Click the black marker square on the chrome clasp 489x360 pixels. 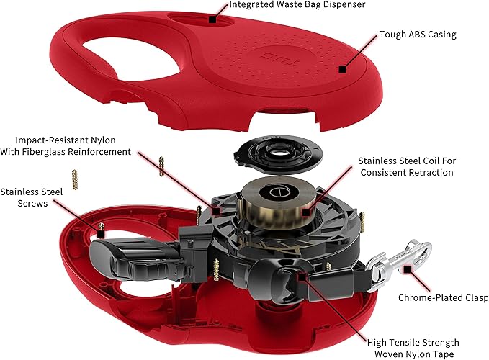tap(408, 269)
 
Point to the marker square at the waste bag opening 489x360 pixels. tap(212, 19)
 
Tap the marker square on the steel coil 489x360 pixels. tap(307, 212)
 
